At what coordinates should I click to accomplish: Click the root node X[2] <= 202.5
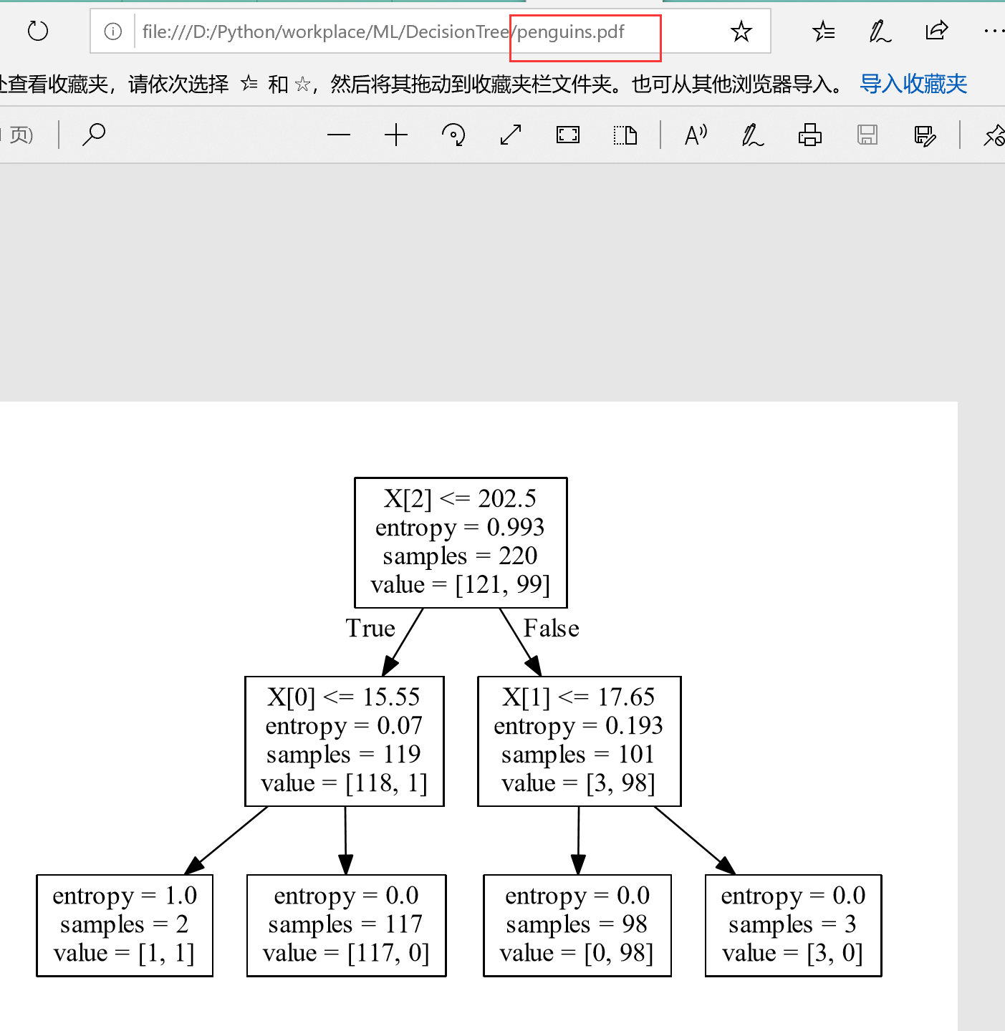coord(461,542)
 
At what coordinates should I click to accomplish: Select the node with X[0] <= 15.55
coord(345,741)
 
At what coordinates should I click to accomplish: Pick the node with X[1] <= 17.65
coord(579,741)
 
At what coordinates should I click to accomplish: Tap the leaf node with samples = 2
coord(125,925)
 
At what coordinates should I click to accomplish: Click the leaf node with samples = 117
coord(346,925)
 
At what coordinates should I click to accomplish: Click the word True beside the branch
coord(370,629)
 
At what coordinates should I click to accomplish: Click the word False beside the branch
coord(551,629)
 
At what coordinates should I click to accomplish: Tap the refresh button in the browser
coord(37,32)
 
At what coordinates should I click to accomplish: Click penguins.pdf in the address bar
coord(571,32)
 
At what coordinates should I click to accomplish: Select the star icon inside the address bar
coord(741,32)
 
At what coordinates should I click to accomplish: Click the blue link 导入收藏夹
coord(913,84)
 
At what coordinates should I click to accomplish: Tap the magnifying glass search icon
coord(94,135)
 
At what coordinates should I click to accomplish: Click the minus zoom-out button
coord(339,135)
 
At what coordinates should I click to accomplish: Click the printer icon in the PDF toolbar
coord(810,135)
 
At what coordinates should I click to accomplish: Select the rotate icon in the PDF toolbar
coord(453,135)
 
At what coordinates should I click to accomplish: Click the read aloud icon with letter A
coord(696,135)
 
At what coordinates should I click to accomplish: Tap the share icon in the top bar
coord(936,31)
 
